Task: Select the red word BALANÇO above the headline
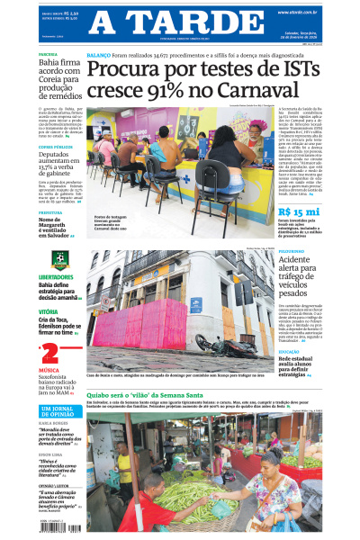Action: click(98, 55)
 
